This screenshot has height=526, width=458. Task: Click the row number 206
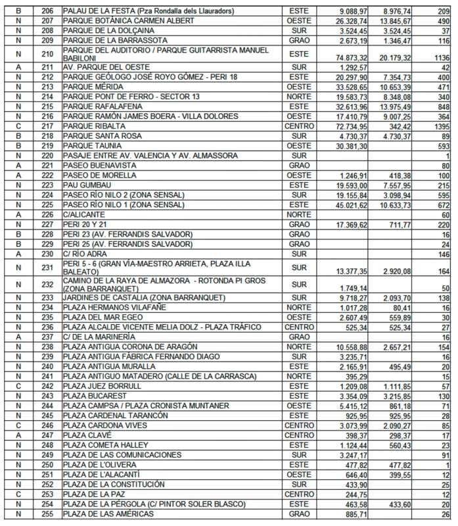coord(47,12)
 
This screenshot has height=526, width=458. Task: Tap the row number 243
coord(47,396)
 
